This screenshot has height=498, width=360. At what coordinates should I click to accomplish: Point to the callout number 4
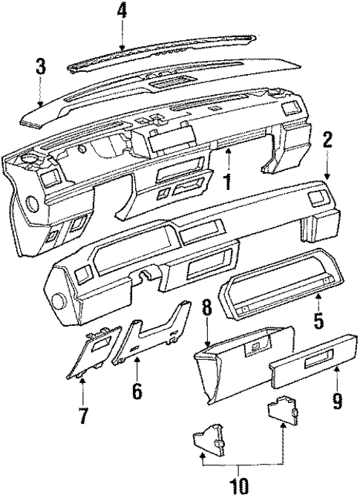(x=122, y=11)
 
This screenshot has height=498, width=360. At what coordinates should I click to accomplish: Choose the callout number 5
(x=318, y=321)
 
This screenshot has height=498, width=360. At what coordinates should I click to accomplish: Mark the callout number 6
(x=137, y=390)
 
